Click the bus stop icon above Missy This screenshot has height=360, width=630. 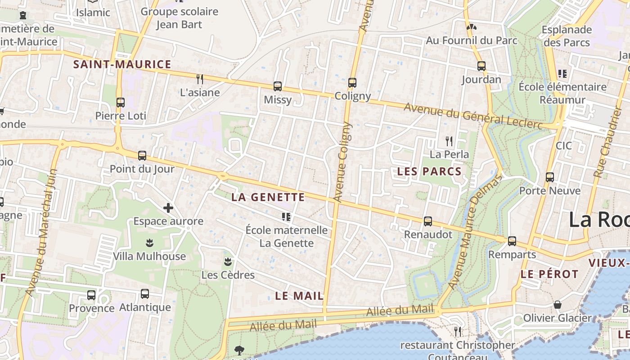(x=278, y=86)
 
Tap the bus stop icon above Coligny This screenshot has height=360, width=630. (x=352, y=83)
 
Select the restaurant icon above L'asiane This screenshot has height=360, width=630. (x=200, y=79)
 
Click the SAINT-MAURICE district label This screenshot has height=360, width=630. (x=122, y=64)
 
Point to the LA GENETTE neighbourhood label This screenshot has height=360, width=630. (x=268, y=197)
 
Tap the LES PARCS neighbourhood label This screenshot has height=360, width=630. (x=429, y=171)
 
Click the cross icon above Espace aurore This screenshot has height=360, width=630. (x=168, y=208)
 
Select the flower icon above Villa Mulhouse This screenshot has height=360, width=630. (x=149, y=243)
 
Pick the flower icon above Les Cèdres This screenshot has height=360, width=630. (x=228, y=261)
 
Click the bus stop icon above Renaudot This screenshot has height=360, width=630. (x=428, y=221)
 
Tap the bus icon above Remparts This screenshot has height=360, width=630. (x=512, y=241)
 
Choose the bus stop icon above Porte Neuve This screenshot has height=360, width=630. (x=550, y=177)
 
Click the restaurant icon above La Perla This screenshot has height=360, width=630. (x=449, y=141)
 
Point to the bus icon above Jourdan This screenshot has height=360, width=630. (x=481, y=66)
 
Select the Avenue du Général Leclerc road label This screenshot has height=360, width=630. (x=473, y=116)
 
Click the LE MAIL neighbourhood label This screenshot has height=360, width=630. (x=299, y=296)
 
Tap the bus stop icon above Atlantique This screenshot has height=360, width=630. (x=145, y=294)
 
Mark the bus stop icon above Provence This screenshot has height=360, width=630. (x=91, y=295)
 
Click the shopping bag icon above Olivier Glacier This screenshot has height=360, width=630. (x=558, y=305)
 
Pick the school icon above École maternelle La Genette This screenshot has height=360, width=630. (x=286, y=217)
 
